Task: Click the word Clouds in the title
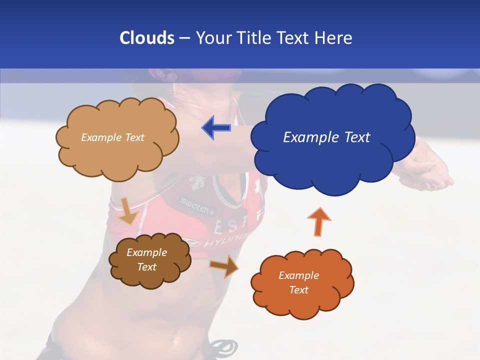click(x=146, y=38)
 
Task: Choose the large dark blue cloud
click(x=332, y=160)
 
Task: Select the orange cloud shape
click(x=302, y=300)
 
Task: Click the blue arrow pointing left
click(x=216, y=128)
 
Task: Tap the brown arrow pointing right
click(x=223, y=265)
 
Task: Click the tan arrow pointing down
click(x=128, y=211)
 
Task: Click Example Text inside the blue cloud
click(x=326, y=137)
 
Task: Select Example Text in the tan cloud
click(x=112, y=137)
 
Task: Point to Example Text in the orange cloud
click(x=298, y=282)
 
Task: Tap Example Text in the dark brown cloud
click(x=146, y=259)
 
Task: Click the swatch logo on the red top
click(x=195, y=205)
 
